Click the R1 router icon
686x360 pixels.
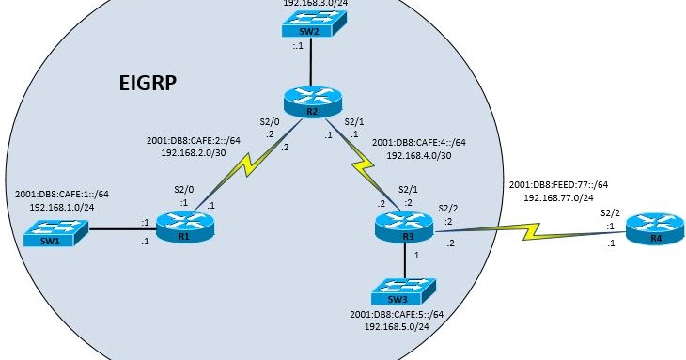coord(179,227)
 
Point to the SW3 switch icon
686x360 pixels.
coord(405,290)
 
